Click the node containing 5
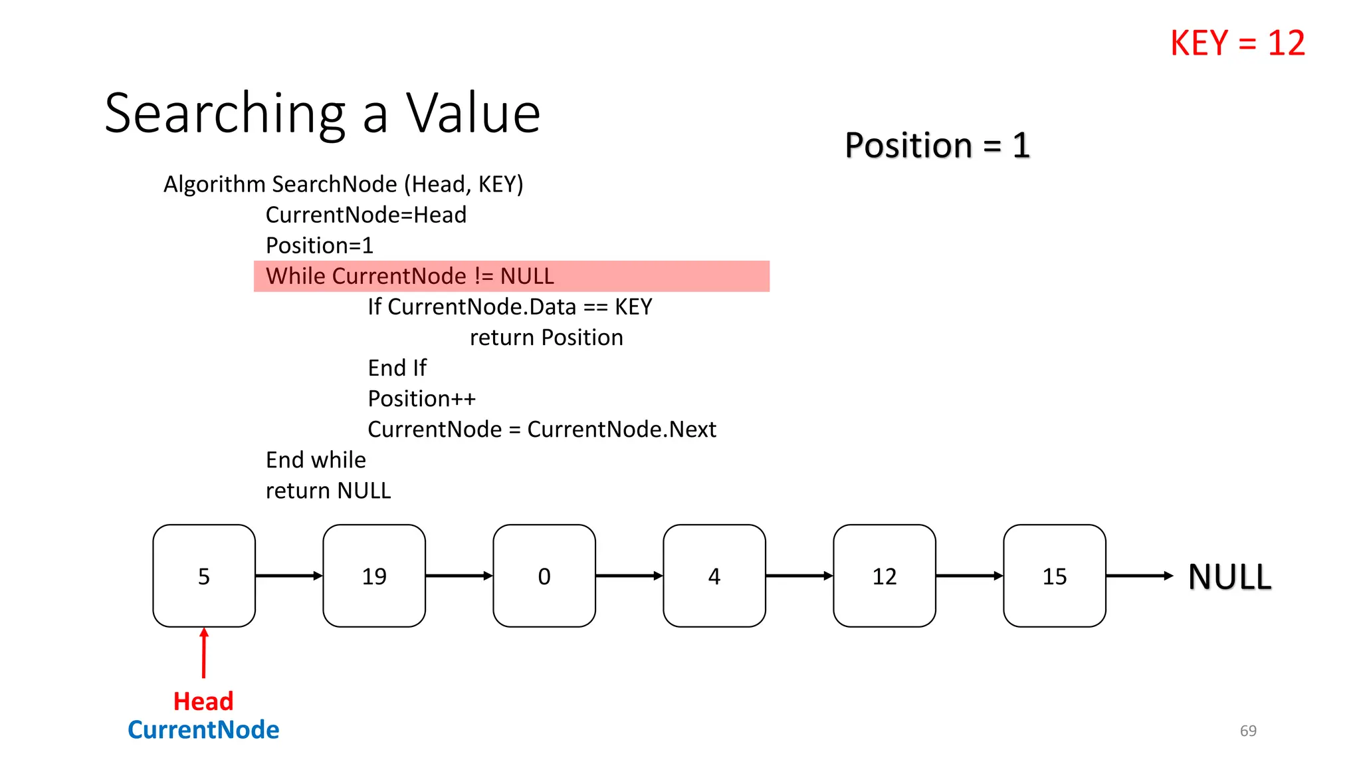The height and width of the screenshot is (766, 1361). [204, 576]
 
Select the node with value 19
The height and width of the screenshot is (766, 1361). [374, 576]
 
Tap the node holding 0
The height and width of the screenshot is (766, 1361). [544, 576]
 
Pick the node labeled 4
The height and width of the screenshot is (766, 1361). [714, 576]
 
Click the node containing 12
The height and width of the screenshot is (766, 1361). [885, 576]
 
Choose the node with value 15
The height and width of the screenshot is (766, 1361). [1055, 576]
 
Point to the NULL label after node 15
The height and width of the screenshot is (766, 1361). [1229, 576]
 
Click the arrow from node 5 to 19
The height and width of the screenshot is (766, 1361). [289, 576]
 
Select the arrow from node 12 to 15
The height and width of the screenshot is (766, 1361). [970, 576]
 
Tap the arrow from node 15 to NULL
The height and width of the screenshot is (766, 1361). [1139, 576]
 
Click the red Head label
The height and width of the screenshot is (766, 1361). [203, 702]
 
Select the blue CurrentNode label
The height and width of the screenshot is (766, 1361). [203, 730]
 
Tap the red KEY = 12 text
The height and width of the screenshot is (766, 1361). [1237, 43]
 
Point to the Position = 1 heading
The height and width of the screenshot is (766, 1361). [937, 145]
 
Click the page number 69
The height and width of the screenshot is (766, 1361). [1248, 731]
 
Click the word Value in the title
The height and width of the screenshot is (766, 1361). [473, 113]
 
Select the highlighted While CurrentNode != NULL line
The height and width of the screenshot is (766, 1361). [409, 276]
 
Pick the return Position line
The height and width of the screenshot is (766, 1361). [546, 338]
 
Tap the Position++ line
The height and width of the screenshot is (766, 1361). [422, 399]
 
